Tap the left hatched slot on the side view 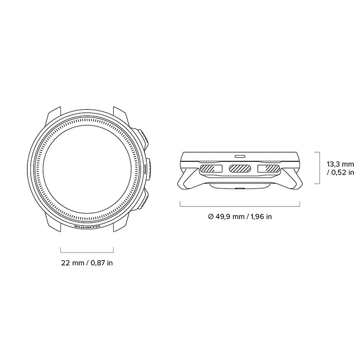[x=211, y=168]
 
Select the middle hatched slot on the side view [x=240, y=168]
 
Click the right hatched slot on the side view [x=269, y=168]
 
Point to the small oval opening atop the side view [x=240, y=156]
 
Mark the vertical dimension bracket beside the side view [x=319, y=168]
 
